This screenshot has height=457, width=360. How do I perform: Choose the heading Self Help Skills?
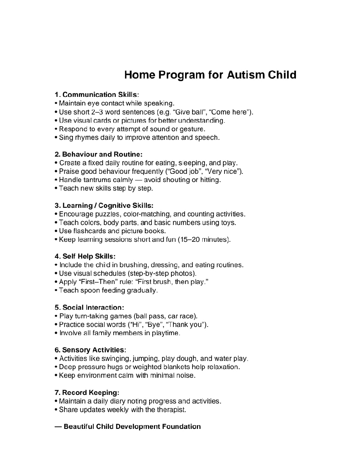[85, 257]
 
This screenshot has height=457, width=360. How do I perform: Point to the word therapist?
[171, 410]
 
